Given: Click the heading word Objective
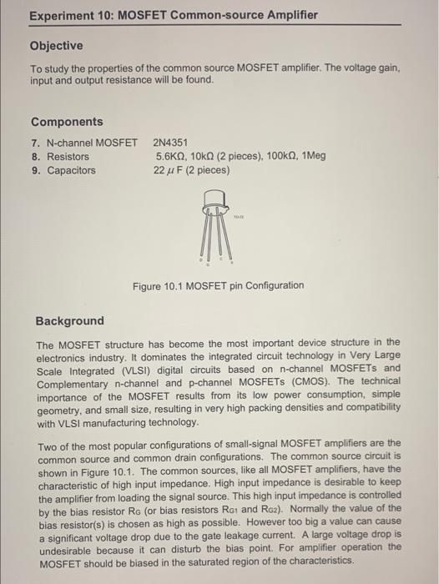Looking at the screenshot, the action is tap(57, 45).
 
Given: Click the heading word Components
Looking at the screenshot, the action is tap(67, 122).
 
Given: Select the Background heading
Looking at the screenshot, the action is tap(70, 320).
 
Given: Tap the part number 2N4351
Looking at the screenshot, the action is tap(170, 143).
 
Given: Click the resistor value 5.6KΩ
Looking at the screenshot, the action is tap(172, 156).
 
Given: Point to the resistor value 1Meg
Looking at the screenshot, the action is tap(317, 156).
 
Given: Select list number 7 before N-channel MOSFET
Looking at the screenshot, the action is tap(35, 143).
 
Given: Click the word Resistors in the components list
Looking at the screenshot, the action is tap(68, 156).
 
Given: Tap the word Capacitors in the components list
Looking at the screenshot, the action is tap(71, 170).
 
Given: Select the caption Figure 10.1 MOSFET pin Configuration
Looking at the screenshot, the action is tap(219, 285).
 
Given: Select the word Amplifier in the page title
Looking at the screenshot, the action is tap(290, 16).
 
